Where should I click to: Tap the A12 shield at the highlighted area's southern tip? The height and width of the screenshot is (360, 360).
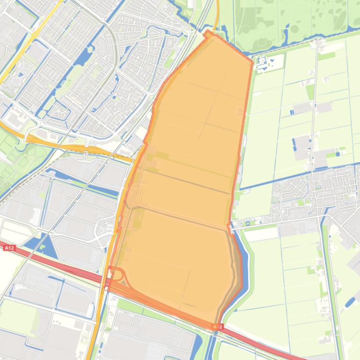[216, 327]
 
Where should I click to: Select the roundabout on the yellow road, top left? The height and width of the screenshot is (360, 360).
[34, 34]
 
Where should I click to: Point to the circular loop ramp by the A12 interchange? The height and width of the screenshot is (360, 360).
[117, 274]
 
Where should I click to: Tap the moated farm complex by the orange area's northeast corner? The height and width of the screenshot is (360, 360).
[262, 61]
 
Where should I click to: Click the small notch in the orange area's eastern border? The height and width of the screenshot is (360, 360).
[229, 227]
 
